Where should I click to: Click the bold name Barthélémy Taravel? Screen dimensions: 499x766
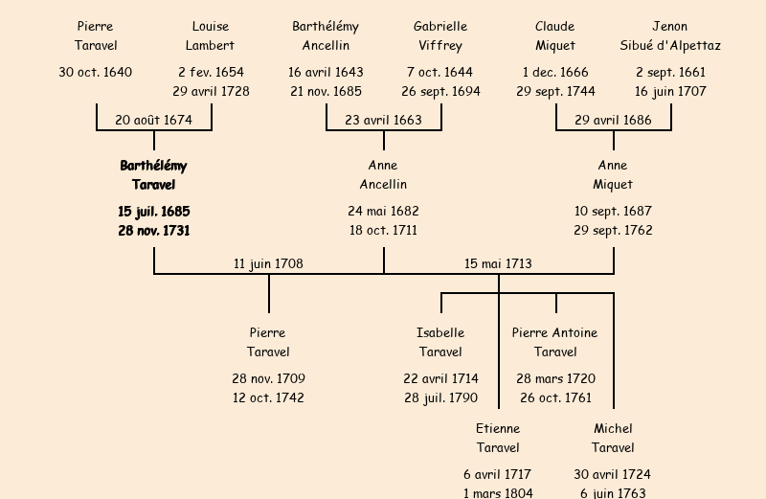click(x=153, y=174)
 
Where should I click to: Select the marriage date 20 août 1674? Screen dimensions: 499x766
click(x=153, y=120)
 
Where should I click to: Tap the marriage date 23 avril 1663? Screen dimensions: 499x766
click(x=383, y=120)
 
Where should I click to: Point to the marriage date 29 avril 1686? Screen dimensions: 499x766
click(x=613, y=120)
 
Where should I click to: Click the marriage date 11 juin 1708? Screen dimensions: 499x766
click(x=268, y=263)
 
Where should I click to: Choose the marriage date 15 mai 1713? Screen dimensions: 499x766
click(x=498, y=263)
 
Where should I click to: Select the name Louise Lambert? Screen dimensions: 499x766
click(x=211, y=35)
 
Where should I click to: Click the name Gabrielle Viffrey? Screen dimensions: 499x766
click(x=440, y=35)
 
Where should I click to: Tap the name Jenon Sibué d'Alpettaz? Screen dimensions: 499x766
click(x=670, y=35)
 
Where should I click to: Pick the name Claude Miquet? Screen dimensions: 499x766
click(x=555, y=35)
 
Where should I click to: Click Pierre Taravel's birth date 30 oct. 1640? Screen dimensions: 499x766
click(x=96, y=72)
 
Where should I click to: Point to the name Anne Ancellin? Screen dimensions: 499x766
click(x=383, y=174)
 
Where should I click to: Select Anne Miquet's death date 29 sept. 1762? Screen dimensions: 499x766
click(x=613, y=231)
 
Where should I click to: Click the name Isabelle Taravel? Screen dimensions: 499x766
click(x=440, y=342)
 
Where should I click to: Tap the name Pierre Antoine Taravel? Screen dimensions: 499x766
click(x=555, y=342)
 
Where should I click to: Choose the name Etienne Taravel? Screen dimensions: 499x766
click(x=498, y=438)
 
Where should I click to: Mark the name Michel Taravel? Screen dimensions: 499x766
click(x=613, y=438)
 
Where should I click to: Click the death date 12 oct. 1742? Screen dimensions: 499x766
click(x=268, y=397)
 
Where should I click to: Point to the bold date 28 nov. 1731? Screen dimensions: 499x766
click(x=153, y=231)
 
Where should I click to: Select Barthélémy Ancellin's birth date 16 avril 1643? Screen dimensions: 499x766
click(x=326, y=72)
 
